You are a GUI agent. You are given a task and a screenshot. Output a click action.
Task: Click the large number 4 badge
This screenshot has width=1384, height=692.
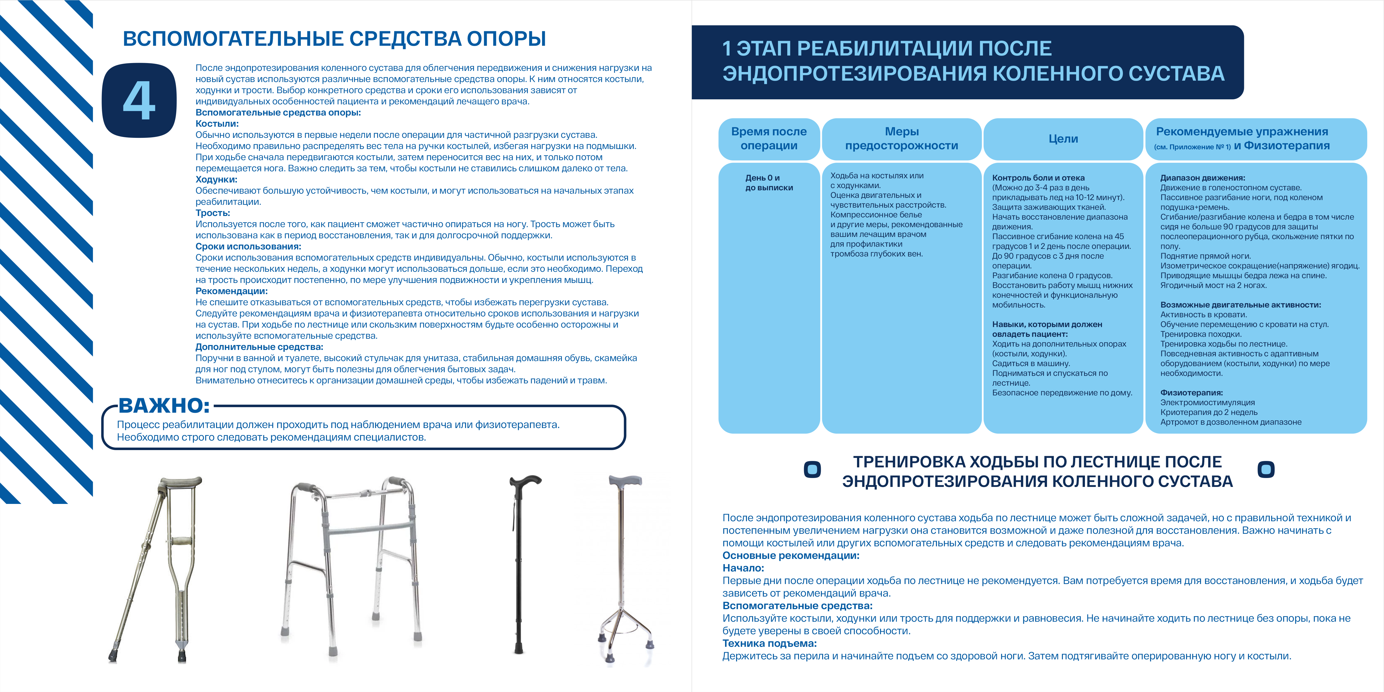coord(139,100)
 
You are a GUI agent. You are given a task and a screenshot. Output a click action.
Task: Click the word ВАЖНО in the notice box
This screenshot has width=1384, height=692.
coord(164,406)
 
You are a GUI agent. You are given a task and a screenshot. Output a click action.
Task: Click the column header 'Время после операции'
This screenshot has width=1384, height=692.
coord(769,139)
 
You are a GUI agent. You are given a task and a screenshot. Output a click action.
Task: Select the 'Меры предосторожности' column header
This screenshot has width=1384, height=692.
coord(902,139)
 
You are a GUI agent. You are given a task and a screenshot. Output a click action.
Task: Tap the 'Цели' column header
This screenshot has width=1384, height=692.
coord(1063,139)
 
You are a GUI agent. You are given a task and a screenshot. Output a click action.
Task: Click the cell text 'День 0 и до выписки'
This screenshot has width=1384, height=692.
coord(769,183)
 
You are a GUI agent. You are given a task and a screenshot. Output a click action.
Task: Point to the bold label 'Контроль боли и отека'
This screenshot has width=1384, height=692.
coord(1038,178)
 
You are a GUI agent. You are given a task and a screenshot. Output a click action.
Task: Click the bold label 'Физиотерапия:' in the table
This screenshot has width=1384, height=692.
coord(1191,393)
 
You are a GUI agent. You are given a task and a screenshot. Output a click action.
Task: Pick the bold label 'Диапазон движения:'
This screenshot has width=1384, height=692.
coord(1202,178)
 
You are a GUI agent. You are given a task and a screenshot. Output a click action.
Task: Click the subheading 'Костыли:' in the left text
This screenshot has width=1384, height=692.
coord(216,124)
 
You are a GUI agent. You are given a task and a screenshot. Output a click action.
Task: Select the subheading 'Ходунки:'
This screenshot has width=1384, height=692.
coord(216,179)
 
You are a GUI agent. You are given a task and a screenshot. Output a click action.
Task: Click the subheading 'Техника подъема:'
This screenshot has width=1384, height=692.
coord(769,643)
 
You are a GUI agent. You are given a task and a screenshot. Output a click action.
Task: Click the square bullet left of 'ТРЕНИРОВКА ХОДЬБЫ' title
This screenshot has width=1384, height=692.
coord(812,470)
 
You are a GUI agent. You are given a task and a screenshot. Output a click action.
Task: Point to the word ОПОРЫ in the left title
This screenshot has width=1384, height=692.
coord(506,39)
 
